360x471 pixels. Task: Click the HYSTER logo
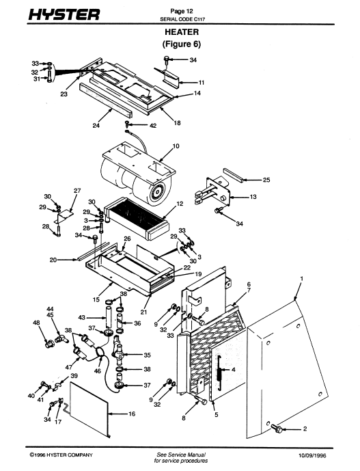coord(64,14)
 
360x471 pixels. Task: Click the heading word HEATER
coord(182,32)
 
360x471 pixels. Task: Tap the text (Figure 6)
coord(181,44)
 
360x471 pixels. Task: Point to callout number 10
coord(176,146)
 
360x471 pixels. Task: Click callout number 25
coord(266,180)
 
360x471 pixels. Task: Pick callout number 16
coord(132,414)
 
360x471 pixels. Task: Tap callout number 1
coord(302,278)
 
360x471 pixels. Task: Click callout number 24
coord(96,126)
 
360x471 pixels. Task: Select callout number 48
coord(36,323)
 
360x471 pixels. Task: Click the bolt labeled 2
coord(277,428)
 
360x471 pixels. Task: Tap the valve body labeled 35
coord(119,350)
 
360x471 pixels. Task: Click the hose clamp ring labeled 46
coord(100,353)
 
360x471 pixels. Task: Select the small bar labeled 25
coord(233,176)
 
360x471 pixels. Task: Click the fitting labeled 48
coord(49,343)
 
